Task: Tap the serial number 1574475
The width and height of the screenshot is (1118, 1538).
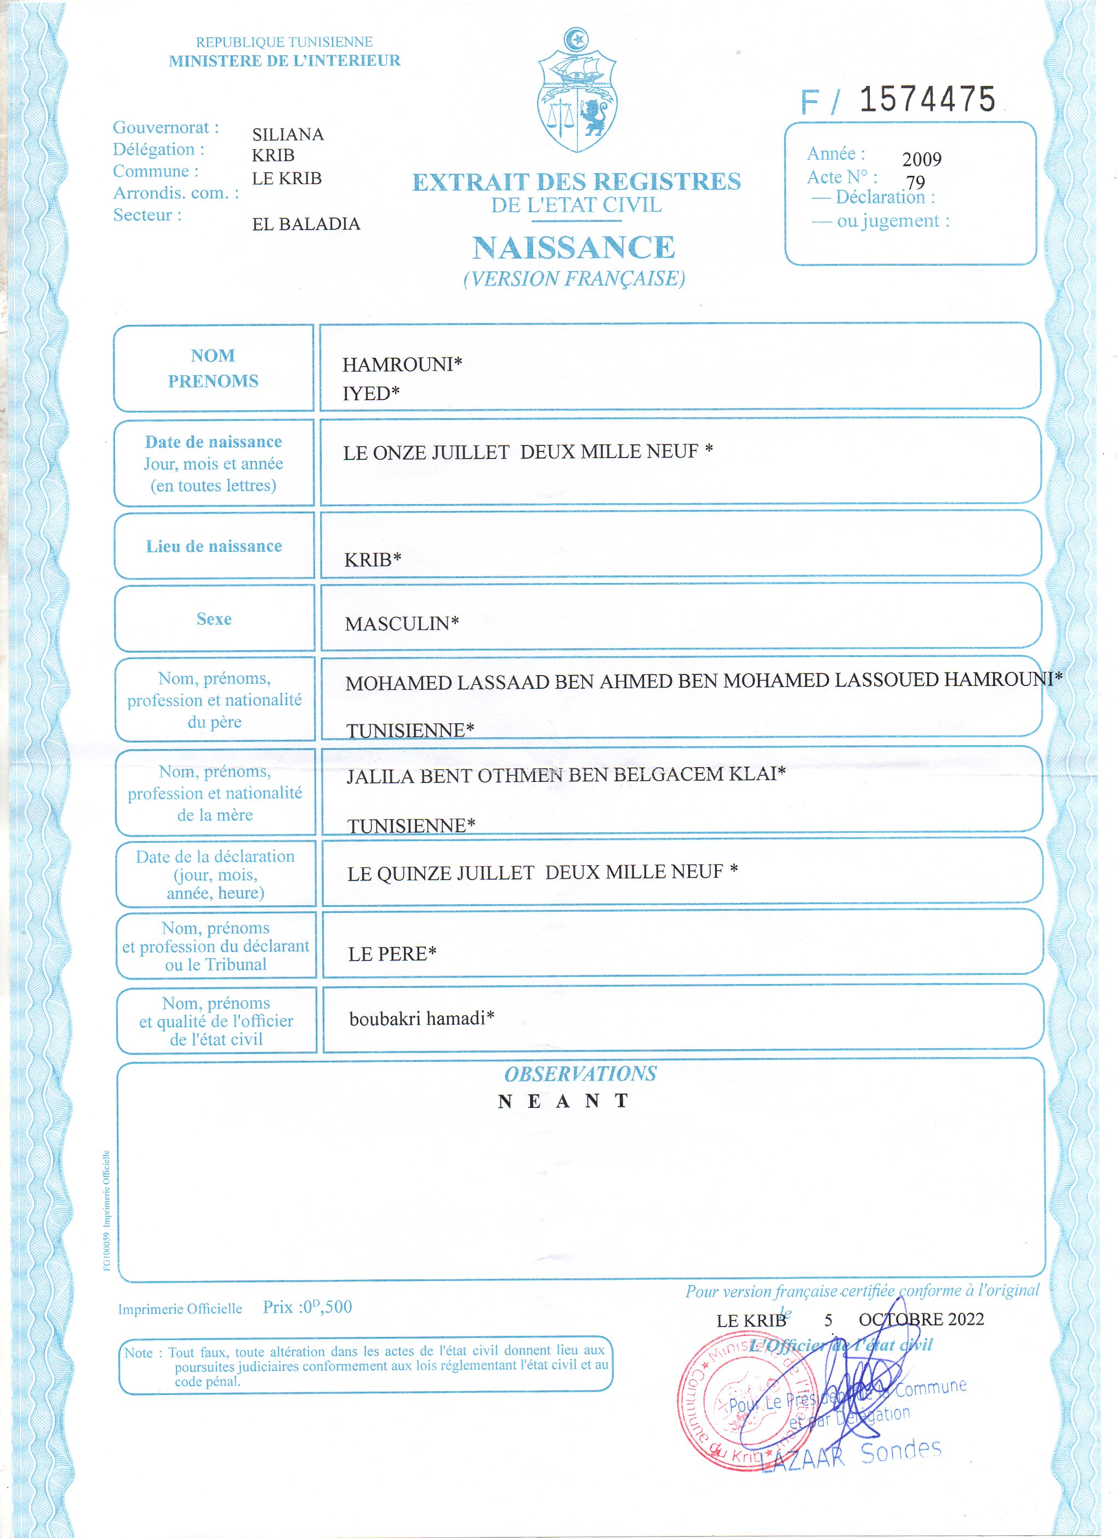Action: tap(927, 100)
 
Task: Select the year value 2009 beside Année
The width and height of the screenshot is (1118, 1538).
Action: tap(921, 159)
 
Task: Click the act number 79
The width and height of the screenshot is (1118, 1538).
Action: tap(915, 182)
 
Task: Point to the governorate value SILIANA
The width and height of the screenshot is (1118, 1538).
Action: tap(288, 134)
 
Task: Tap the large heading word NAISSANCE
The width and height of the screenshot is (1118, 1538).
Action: tap(574, 248)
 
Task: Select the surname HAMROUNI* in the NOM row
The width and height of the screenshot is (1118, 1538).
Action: tap(402, 365)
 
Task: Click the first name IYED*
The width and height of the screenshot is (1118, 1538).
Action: tap(370, 393)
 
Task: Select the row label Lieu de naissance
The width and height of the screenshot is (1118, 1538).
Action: tap(214, 547)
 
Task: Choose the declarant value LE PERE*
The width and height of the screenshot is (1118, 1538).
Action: tap(391, 954)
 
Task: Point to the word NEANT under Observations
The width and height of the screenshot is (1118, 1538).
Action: tap(563, 1101)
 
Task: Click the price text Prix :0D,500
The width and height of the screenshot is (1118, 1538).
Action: tap(307, 1307)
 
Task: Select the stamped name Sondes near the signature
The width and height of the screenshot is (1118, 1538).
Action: tap(900, 1451)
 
